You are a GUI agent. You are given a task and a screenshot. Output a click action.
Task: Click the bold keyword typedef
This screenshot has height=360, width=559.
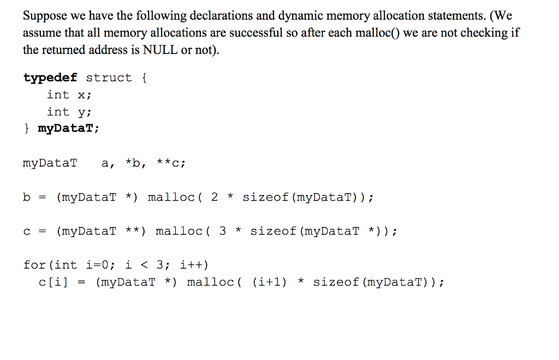click(x=51, y=78)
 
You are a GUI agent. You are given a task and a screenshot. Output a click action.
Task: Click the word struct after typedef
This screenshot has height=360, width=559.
click(x=109, y=78)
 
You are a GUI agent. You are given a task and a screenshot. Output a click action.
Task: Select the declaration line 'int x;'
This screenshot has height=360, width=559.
click(x=69, y=95)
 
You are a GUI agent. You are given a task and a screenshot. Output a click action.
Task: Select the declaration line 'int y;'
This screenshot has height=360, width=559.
click(x=69, y=112)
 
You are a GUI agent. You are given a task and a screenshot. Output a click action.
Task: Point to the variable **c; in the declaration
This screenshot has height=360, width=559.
click(x=171, y=163)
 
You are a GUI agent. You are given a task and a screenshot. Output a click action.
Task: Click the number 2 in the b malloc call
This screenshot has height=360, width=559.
click(x=215, y=197)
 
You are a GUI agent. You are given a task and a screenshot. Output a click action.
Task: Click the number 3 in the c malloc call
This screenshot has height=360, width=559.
click(x=222, y=231)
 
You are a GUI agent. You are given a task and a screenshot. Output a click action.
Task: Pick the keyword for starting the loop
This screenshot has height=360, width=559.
click(x=34, y=265)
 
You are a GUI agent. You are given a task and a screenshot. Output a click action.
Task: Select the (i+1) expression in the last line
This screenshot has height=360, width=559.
click(x=269, y=282)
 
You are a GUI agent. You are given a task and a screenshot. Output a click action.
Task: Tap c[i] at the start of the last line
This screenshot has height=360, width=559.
click(x=53, y=282)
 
